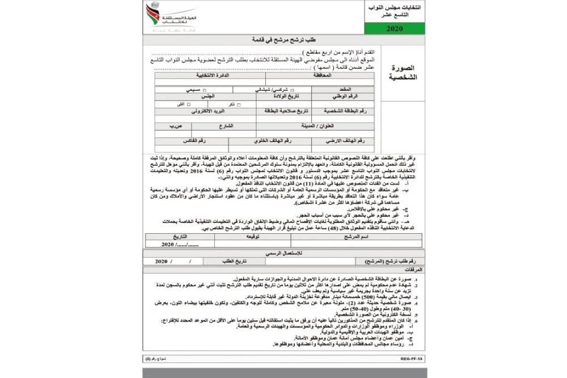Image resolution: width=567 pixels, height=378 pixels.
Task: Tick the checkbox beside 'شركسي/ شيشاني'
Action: [x=292, y=90]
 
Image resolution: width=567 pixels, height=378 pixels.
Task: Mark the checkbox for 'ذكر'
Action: [x=239, y=105]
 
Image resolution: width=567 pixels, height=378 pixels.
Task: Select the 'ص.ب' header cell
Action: [x=161, y=126]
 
